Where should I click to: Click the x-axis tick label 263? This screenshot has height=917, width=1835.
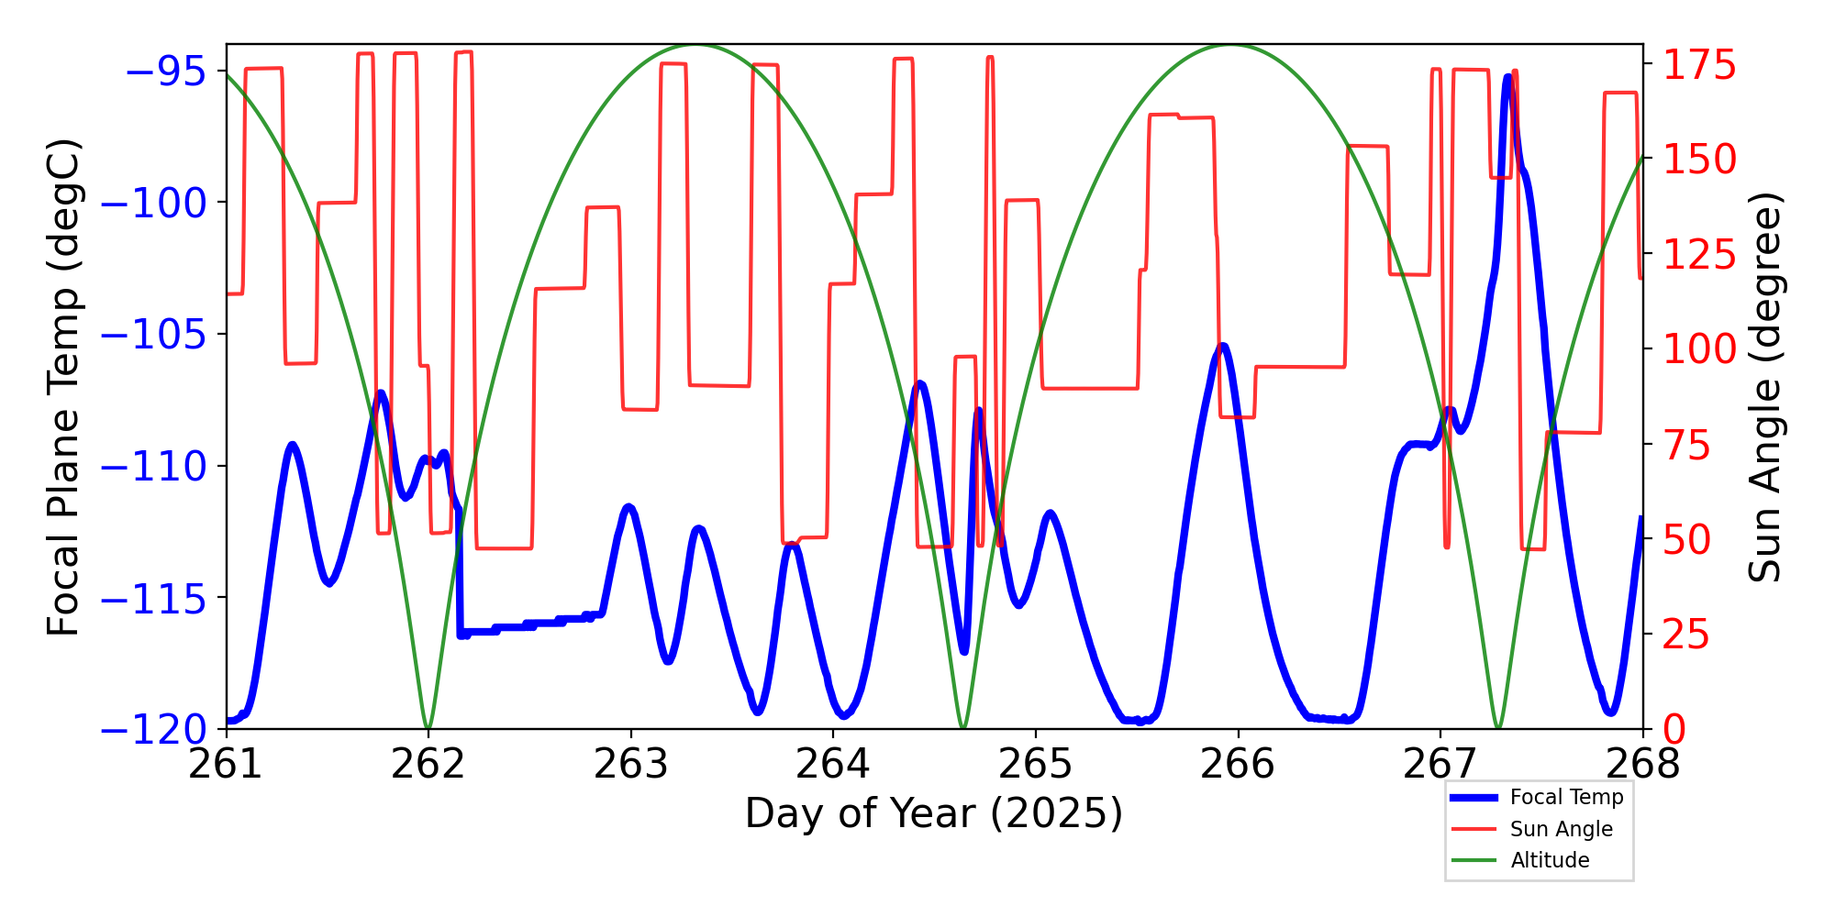coord(630,764)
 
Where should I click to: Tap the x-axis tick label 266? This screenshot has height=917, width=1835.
coord(1238,764)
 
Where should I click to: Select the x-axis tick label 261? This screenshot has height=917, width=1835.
coord(226,764)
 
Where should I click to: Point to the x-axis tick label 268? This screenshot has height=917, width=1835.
coord(1642,764)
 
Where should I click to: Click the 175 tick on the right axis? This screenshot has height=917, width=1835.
coord(1699,65)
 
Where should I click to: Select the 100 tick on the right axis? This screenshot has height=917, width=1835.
coord(1699,349)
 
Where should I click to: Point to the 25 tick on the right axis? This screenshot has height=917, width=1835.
coord(1686,635)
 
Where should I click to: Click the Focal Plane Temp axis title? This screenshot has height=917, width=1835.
coord(64,387)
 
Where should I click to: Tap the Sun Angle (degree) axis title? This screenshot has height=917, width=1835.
coord(1763,387)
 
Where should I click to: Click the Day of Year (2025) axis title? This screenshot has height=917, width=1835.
coord(934,813)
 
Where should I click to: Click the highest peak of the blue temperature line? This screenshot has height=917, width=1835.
coord(1507,77)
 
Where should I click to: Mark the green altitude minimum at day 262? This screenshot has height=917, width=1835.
coord(428,727)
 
